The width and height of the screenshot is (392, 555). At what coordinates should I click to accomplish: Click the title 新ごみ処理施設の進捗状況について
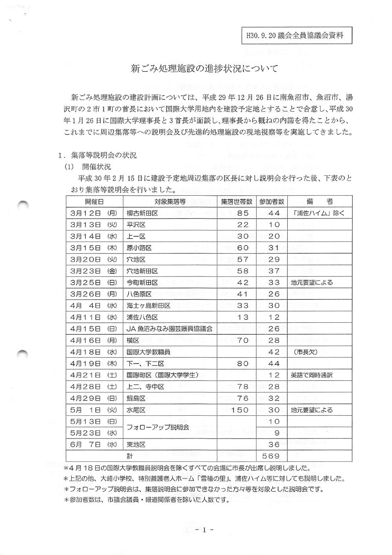pyautogui.click(x=204, y=69)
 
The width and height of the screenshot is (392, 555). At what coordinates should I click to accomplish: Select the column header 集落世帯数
pyautogui.click(x=236, y=202)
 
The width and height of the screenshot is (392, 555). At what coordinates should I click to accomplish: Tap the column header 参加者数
pyautogui.click(x=271, y=202)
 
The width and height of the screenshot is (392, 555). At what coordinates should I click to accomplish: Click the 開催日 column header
pyautogui.click(x=94, y=202)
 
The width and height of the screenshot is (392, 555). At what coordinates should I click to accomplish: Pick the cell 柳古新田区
pyautogui.click(x=142, y=213)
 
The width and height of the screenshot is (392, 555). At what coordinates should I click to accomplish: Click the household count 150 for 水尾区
pyautogui.click(x=238, y=410)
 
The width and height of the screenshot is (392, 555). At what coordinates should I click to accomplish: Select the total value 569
pyautogui.click(x=271, y=456)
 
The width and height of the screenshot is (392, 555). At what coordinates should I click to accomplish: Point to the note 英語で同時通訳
pyautogui.click(x=312, y=375)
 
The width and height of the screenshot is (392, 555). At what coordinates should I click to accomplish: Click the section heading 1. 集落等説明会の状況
pyautogui.click(x=97, y=155)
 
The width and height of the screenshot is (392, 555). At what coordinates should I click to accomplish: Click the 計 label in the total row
pyautogui.click(x=129, y=456)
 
